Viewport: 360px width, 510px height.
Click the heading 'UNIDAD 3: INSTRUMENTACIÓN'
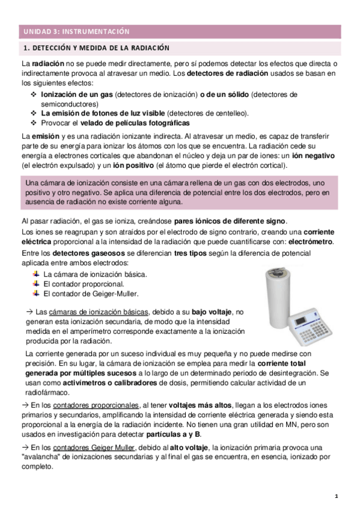[x=75, y=31]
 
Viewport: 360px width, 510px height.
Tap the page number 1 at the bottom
[x=337, y=496]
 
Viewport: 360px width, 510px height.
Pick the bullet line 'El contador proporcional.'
[x=84, y=283]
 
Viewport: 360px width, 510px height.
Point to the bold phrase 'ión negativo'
[x=316, y=156]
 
